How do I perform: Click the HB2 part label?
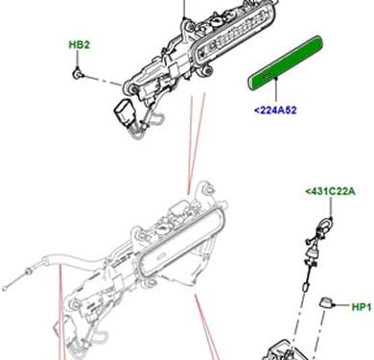(78, 44)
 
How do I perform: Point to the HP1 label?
(361, 308)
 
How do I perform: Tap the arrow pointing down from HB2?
(78, 60)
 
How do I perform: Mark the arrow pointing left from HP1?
(343, 308)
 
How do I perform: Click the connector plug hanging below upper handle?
(125, 109)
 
